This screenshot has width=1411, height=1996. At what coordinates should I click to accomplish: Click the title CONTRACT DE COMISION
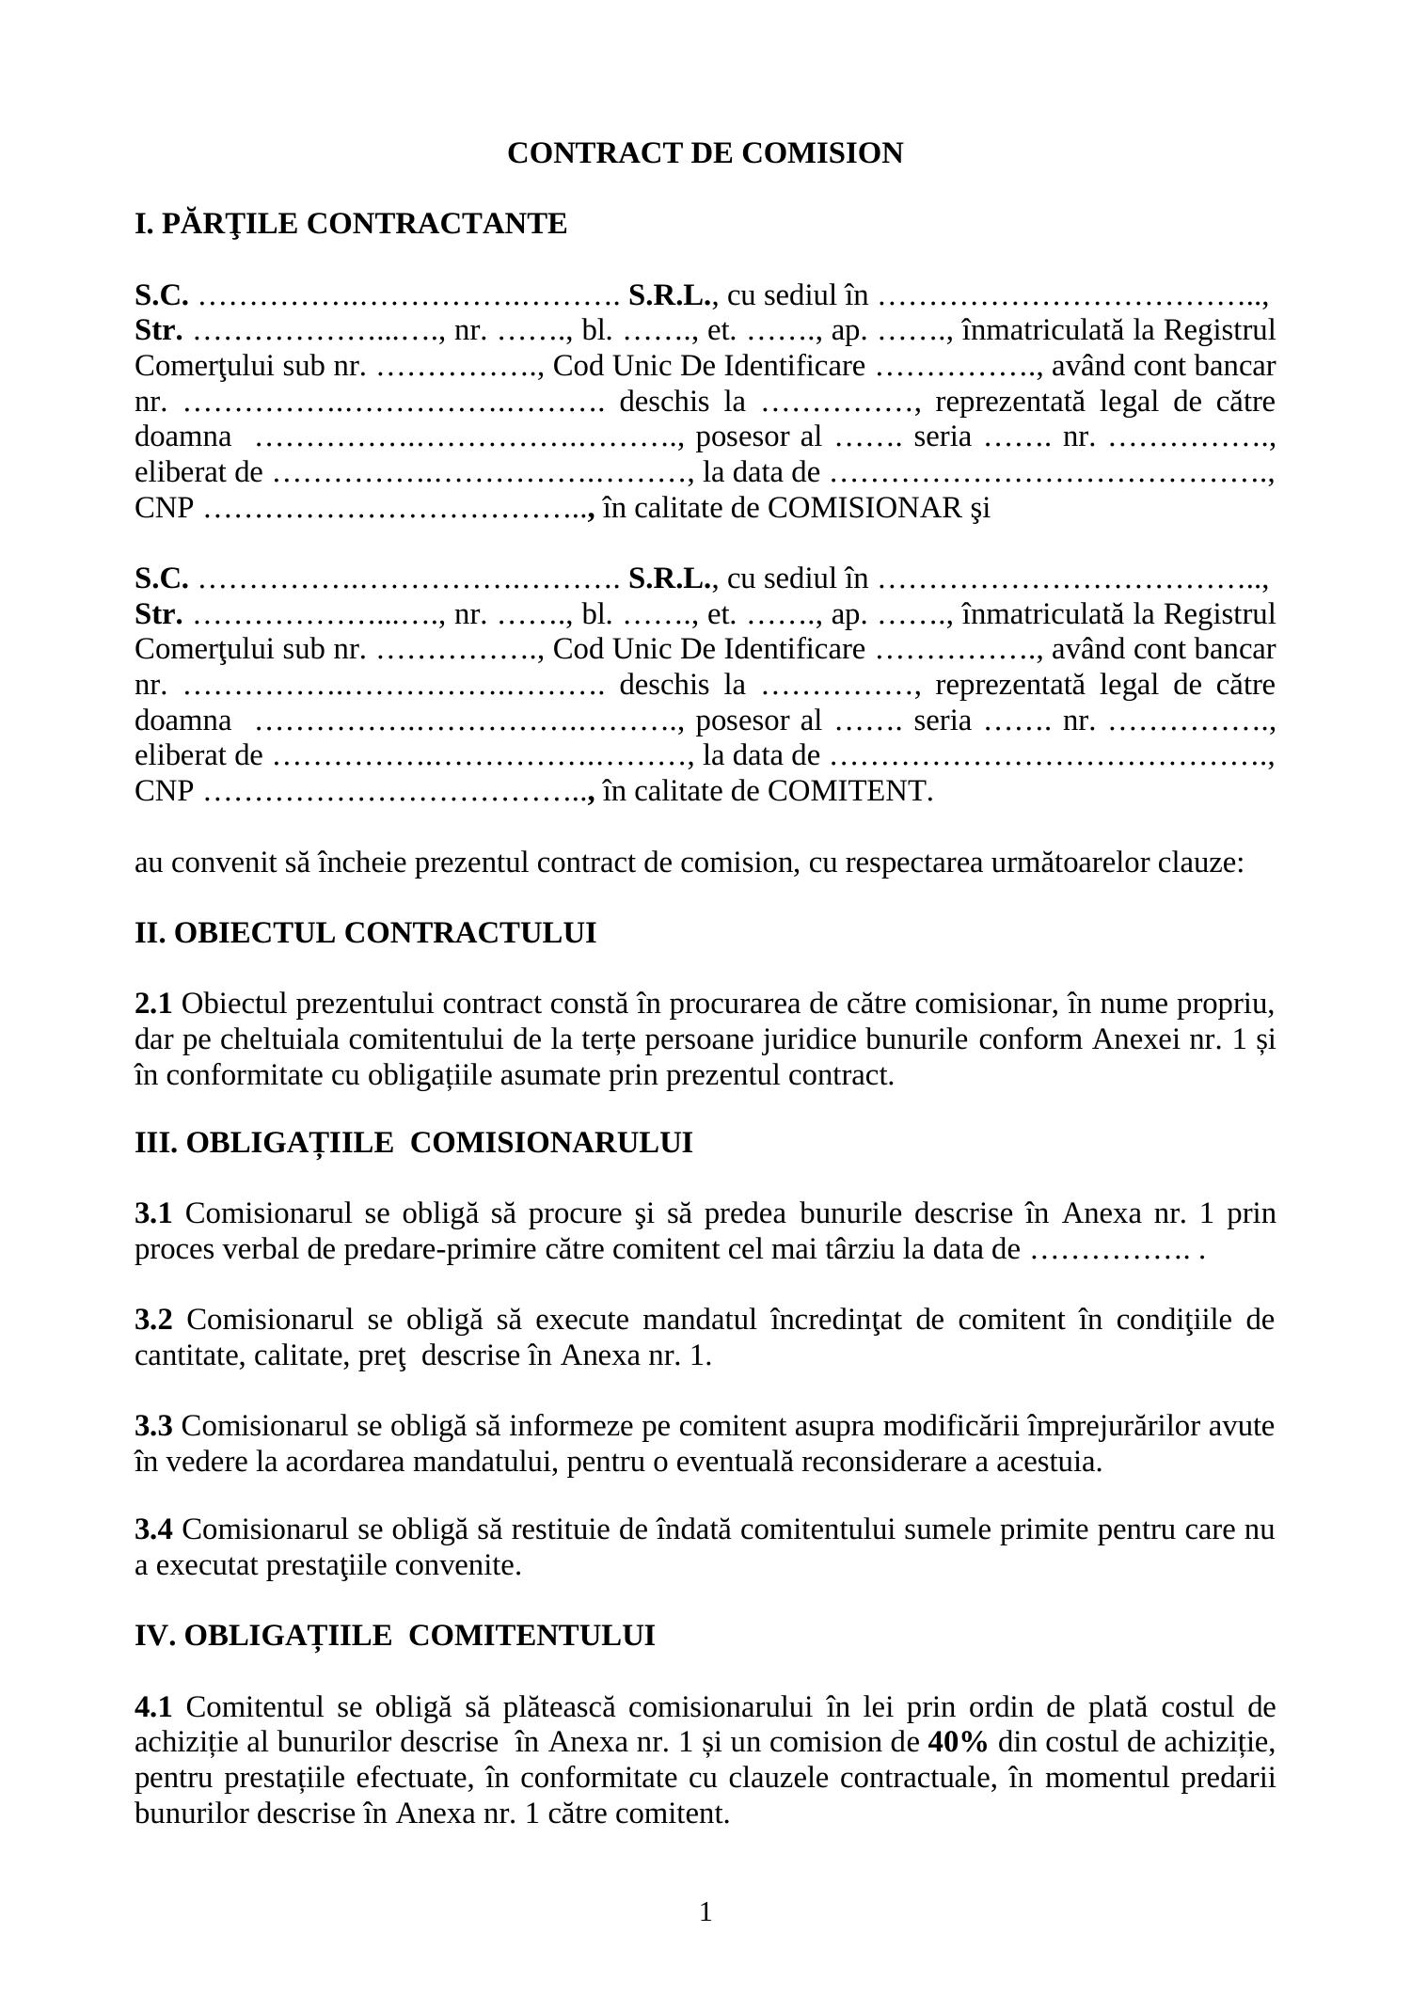[x=705, y=153]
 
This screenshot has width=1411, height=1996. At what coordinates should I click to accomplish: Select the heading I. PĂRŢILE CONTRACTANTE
[x=351, y=225]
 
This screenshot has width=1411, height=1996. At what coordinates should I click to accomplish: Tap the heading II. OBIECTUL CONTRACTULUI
[x=365, y=933]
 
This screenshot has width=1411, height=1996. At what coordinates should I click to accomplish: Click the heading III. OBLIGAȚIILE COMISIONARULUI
[x=414, y=1143]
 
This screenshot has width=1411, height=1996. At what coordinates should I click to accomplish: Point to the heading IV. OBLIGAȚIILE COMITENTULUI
[x=395, y=1636]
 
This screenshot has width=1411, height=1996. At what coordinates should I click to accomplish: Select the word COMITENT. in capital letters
[x=850, y=791]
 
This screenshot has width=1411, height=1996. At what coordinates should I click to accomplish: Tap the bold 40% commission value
[x=957, y=1743]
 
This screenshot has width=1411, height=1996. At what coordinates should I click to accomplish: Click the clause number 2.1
[x=153, y=1005]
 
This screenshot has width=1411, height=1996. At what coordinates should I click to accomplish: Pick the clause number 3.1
[x=153, y=1214]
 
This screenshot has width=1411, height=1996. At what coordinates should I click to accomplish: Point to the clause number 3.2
[x=153, y=1321]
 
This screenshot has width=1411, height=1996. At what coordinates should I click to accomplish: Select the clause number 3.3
[x=153, y=1427]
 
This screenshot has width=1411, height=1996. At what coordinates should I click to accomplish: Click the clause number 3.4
[x=153, y=1530]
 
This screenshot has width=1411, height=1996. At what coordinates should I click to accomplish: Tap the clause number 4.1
[x=153, y=1707]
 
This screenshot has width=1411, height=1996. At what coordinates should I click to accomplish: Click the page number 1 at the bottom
[x=705, y=1912]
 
